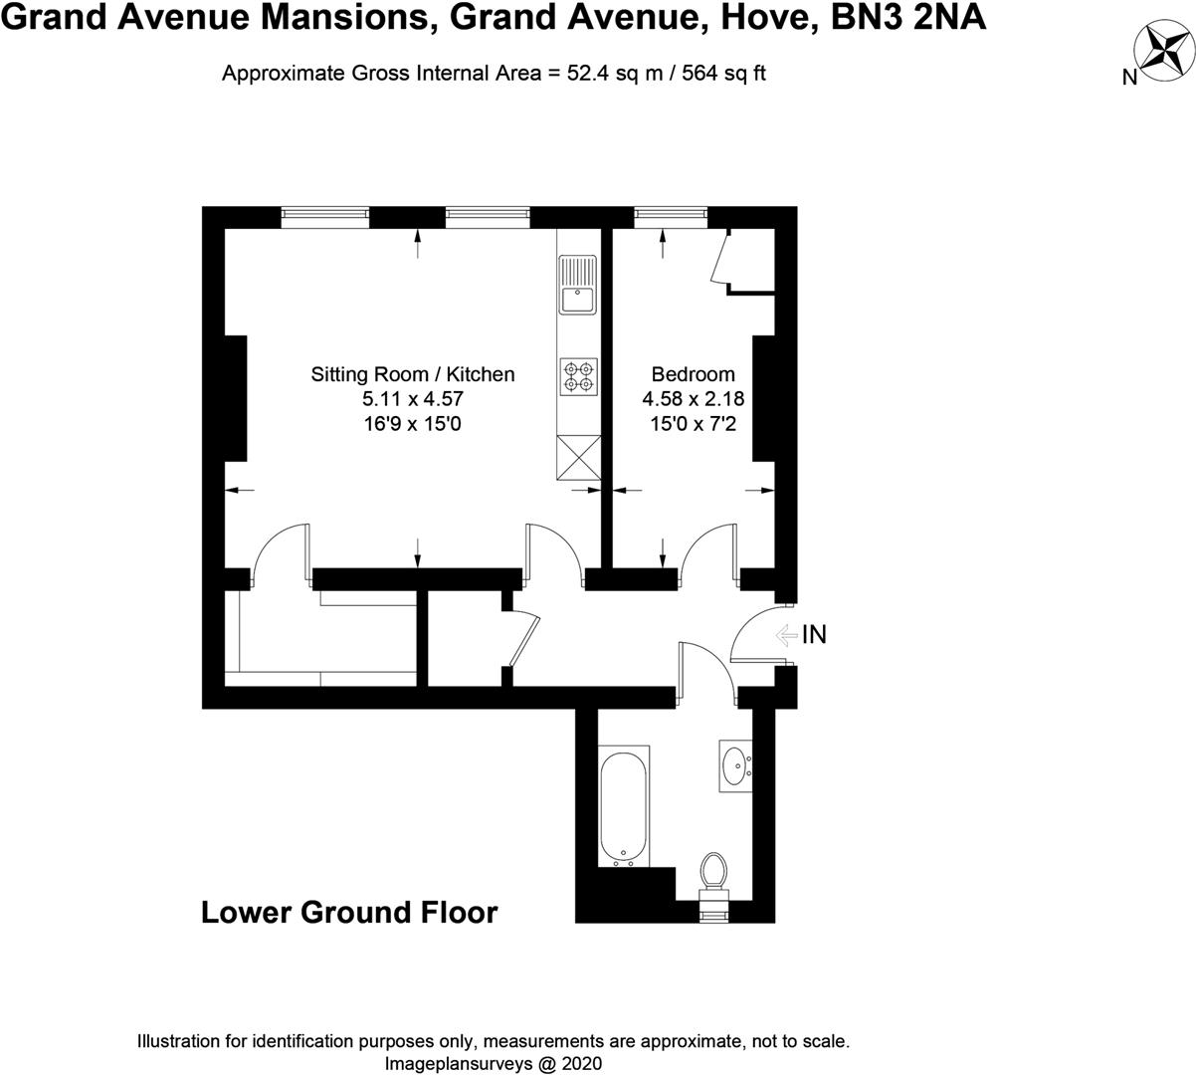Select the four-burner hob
click(577, 374)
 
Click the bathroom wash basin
click(736, 765)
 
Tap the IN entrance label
click(814, 634)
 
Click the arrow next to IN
click(786, 634)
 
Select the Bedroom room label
click(693, 374)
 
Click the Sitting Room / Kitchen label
click(413, 374)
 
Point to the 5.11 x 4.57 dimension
click(413, 399)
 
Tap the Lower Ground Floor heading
click(349, 912)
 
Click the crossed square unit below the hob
click(577, 457)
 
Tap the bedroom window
click(670, 212)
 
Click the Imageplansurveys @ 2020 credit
click(493, 1063)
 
